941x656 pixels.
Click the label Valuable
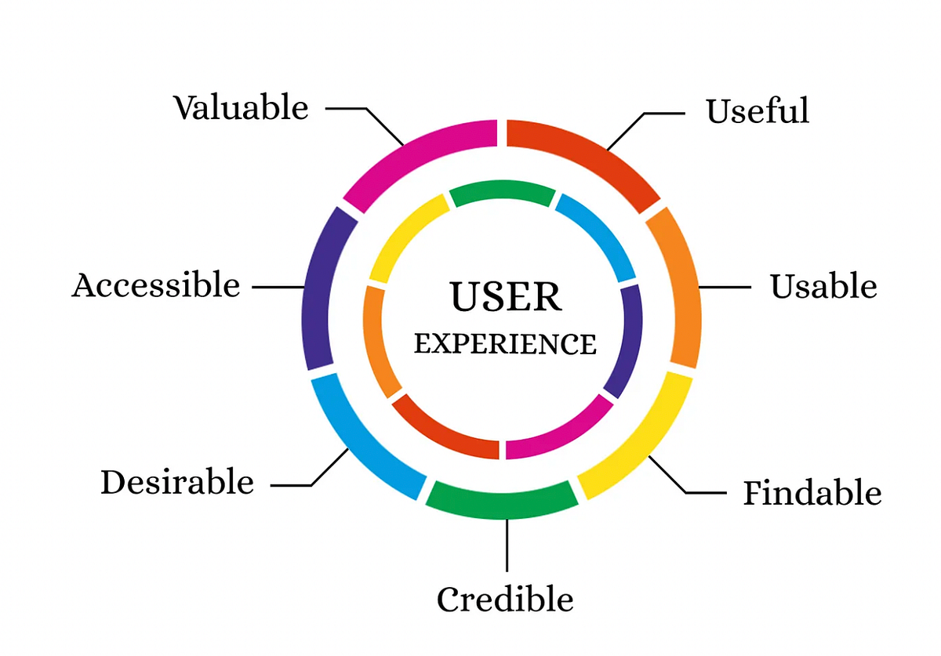(241, 107)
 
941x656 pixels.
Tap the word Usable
(823, 287)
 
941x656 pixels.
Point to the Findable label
(812, 493)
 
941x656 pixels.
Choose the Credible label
(505, 600)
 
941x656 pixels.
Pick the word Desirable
(177, 482)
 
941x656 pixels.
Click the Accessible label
(156, 285)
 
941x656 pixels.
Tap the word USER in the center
(505, 297)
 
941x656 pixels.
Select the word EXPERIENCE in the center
(505, 343)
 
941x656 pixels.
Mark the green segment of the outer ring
(502, 500)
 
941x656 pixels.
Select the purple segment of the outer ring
(322, 287)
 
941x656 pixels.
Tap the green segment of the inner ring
(502, 192)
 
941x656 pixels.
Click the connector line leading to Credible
(507, 544)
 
